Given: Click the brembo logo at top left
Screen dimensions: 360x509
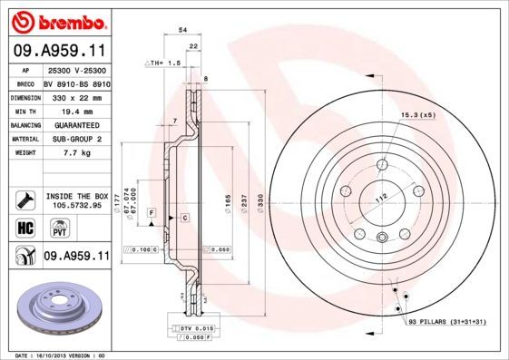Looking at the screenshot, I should (x=56, y=19).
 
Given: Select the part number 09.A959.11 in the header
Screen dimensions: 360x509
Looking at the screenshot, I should (x=56, y=52).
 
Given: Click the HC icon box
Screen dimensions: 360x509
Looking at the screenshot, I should (x=24, y=228).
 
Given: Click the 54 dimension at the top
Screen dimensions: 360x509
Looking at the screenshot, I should (x=183, y=30).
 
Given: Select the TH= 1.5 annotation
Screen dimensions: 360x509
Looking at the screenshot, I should (x=164, y=63).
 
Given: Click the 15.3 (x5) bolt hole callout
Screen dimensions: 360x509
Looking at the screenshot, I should (x=417, y=115).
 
